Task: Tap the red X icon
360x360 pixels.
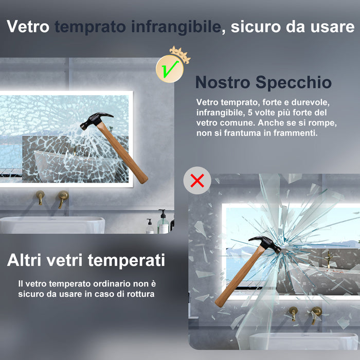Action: pos(197,180)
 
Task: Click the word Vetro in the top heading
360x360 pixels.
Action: pos(28,27)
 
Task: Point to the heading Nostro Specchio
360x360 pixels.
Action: pos(263,82)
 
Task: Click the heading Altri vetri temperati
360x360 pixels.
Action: pos(86,260)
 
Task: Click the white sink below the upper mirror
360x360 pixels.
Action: pos(51,225)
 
